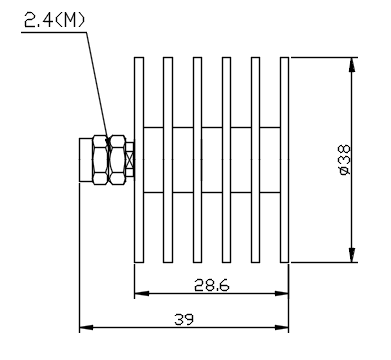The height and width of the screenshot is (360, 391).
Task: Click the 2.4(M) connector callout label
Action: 54,20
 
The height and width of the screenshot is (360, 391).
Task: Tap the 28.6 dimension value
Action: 212,285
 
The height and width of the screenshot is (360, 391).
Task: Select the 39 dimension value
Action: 184,320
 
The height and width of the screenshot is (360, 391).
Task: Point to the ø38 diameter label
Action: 344,160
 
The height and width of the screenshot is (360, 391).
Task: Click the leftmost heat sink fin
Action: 139,160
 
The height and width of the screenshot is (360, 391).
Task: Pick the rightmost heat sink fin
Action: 284,160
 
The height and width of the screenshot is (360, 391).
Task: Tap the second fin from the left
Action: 168,160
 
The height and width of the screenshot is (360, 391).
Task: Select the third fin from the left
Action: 197,160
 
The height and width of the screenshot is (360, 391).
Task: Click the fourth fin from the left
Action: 226,160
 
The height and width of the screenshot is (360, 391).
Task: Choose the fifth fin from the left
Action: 255,160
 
